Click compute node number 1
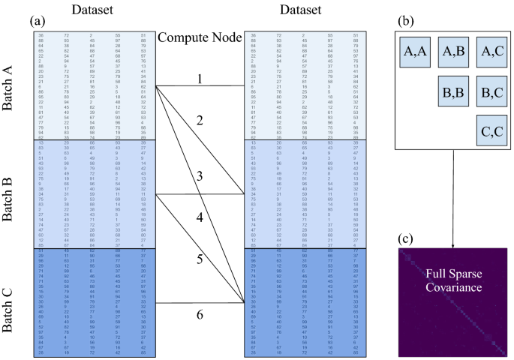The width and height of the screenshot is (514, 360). tap(200, 77)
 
